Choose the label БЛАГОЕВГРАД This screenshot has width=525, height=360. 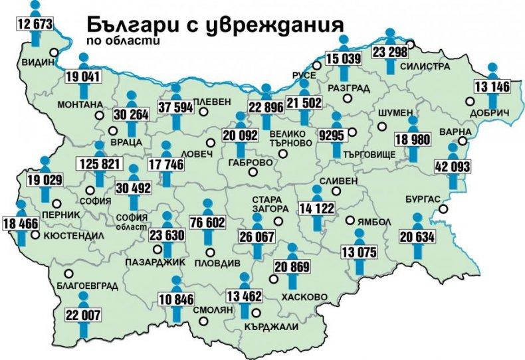[x=88, y=286]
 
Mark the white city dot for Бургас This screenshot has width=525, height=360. [x=441, y=211]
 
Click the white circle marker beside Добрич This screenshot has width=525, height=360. [x=470, y=102]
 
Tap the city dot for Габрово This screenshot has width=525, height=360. [x=253, y=173]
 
